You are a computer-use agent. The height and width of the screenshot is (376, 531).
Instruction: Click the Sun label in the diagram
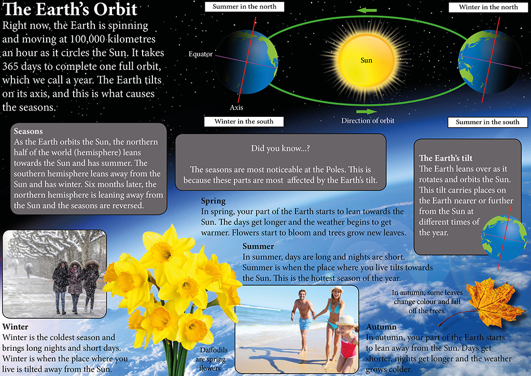point(366,60)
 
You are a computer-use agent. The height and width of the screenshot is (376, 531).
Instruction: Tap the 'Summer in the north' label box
point(245,7)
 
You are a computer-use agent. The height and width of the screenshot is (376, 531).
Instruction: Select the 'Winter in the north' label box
point(488,7)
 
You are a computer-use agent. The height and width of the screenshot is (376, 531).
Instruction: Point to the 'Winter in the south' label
point(244,122)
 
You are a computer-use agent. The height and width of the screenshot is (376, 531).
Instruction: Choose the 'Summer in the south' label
point(487,122)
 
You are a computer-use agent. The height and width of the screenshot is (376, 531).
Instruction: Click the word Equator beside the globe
point(201,54)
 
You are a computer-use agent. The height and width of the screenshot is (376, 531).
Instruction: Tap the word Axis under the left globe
point(236,108)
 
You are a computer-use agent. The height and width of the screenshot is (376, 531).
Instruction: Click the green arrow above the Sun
point(367,10)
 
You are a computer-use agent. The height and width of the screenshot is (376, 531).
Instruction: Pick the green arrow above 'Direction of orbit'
point(367,112)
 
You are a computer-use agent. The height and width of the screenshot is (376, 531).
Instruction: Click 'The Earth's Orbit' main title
point(70,9)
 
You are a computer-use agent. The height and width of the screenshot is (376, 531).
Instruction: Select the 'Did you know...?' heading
point(281,148)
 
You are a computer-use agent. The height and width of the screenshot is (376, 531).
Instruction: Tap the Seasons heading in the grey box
point(28,131)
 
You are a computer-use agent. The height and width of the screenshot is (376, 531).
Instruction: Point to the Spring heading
point(213,200)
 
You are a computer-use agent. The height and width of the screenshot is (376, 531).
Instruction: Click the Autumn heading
point(381,327)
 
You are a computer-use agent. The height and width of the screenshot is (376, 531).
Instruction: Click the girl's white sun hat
point(346,321)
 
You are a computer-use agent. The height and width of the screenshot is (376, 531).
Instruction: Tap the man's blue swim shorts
point(305,324)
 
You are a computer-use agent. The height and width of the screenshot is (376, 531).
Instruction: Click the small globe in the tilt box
point(504,238)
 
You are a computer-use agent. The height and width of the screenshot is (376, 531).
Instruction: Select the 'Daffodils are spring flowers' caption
point(211,359)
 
